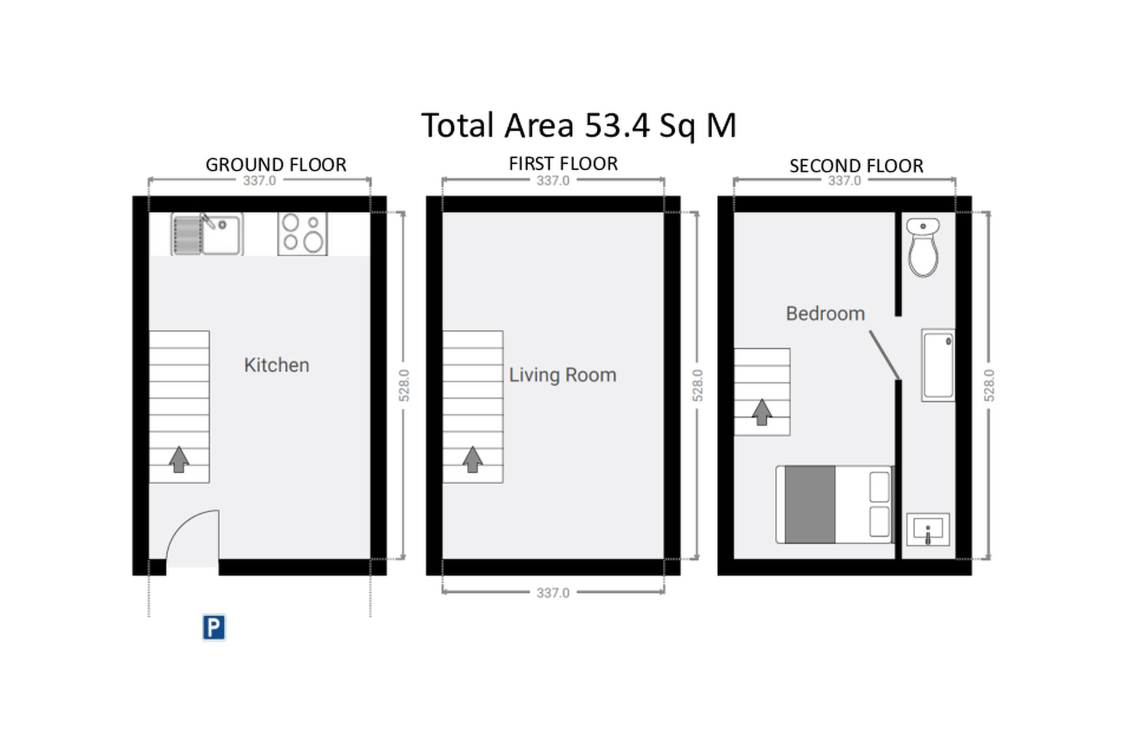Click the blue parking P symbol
coord(214,627)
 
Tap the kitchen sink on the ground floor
coord(207,234)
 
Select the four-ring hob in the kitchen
coord(303,234)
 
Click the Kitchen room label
coord(277,365)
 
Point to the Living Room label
coord(562,375)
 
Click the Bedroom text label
coord(826,313)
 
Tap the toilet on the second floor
coord(923,247)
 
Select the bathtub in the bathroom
coord(938,366)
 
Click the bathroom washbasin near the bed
coord(928,530)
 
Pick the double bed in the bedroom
coord(834,504)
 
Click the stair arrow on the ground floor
coord(179,459)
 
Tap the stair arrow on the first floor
coord(472,459)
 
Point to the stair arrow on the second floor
coord(762,412)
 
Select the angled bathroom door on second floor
coord(885,355)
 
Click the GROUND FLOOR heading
coord(276,165)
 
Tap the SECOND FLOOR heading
coord(856,166)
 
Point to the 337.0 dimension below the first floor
coord(553,593)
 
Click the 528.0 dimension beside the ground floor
coord(404,386)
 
